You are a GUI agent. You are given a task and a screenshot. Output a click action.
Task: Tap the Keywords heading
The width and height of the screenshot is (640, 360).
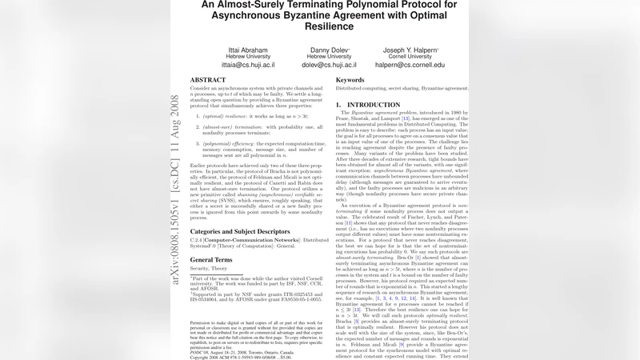coord(350,80)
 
